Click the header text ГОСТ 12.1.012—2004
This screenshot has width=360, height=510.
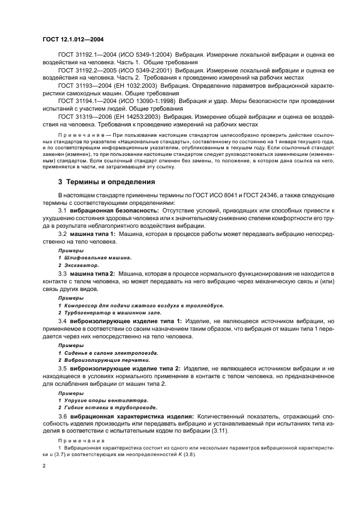73,40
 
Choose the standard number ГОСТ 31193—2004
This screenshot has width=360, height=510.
84,86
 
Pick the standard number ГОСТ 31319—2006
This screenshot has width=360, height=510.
84,117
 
